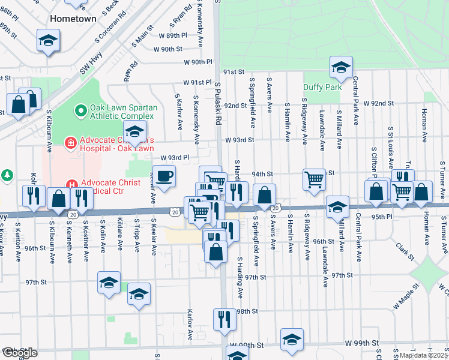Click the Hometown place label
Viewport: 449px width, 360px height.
(73, 19)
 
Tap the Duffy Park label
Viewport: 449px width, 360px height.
(322, 87)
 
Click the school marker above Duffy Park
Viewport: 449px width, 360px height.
(341, 67)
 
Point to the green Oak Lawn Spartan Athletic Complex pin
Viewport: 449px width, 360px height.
(78, 111)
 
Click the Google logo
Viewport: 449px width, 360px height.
(19, 353)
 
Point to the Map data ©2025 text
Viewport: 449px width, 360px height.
(423, 355)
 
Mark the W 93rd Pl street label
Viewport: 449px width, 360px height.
(175, 158)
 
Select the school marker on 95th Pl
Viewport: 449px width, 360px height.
(338, 208)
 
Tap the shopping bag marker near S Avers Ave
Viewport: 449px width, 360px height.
(264, 195)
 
